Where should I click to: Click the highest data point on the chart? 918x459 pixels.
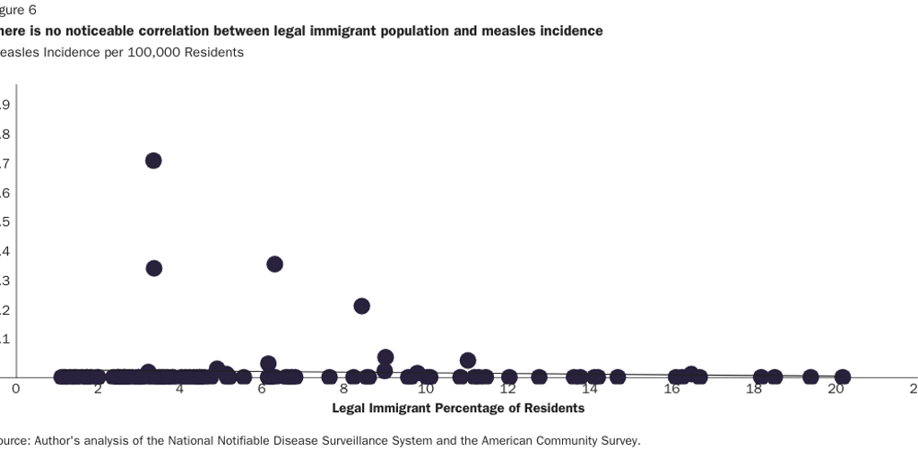pos(153,160)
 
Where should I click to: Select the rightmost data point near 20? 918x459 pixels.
pos(842,377)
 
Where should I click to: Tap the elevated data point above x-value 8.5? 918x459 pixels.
pos(361,306)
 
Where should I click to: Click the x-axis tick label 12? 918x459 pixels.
pos(508,389)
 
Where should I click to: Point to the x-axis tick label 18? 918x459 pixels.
pos(754,389)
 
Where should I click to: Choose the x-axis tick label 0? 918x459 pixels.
pos(15,389)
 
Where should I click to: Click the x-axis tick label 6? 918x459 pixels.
pos(262,389)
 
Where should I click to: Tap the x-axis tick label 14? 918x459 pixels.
pos(590,389)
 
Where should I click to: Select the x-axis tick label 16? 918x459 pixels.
pos(672,389)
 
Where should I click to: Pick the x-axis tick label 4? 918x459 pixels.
pos(179,389)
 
